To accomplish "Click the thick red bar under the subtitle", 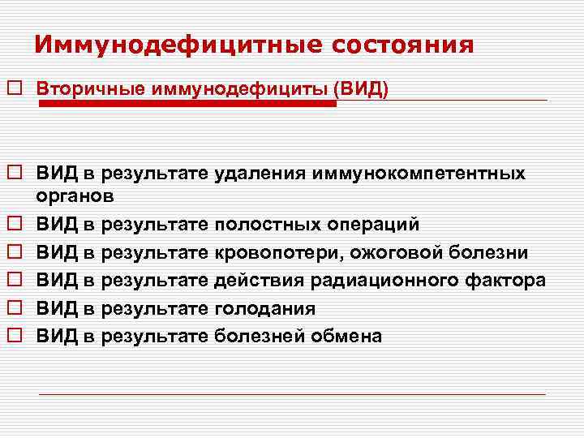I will point(187,103).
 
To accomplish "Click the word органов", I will point(75,195).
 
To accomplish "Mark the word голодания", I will point(264,308).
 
